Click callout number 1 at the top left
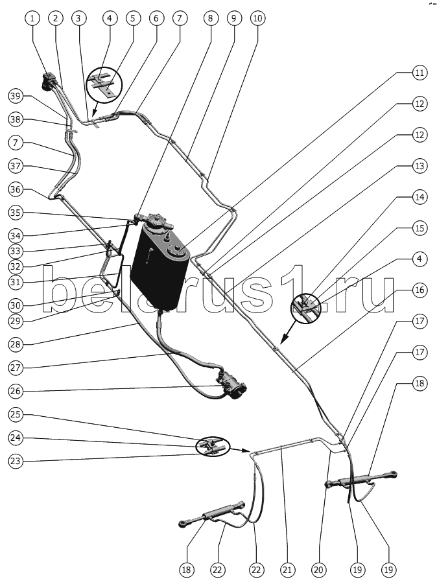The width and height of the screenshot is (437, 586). click(x=32, y=18)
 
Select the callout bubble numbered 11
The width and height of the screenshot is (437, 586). click(x=419, y=72)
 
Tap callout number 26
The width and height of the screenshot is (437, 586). click(x=16, y=392)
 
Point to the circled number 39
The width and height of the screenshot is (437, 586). click(x=16, y=96)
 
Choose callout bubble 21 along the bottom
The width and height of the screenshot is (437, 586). click(x=287, y=570)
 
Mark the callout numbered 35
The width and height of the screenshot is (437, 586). click(x=16, y=213)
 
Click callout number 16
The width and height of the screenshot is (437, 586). click(x=419, y=290)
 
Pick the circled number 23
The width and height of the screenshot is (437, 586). click(x=16, y=461)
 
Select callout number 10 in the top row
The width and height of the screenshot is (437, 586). click(x=257, y=18)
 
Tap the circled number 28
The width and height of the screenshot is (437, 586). click(x=16, y=344)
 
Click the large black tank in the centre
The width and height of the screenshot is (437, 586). click(x=159, y=267)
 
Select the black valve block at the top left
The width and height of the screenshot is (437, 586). click(x=49, y=82)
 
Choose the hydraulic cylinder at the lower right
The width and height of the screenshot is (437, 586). click(x=360, y=480)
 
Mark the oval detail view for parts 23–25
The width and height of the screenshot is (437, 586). click(x=212, y=446)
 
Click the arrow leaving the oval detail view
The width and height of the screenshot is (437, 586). click(x=239, y=450)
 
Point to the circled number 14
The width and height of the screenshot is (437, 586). click(x=419, y=197)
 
